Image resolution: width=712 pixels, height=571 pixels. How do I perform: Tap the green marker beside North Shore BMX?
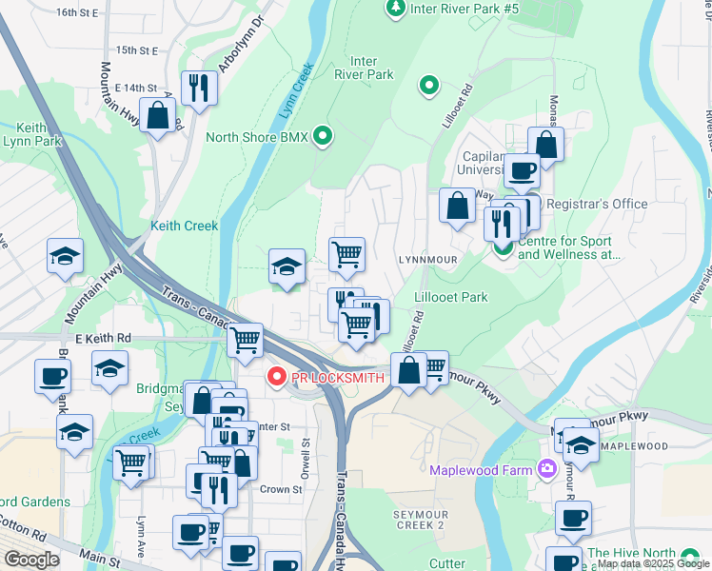pyautogui.click(x=323, y=137)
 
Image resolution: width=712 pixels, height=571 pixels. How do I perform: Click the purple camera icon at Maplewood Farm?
pyautogui.click(x=546, y=468)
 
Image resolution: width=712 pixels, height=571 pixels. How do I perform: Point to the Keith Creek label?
pyautogui.click(x=185, y=226)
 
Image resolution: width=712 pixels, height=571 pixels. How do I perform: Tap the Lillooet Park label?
pyautogui.click(x=451, y=297)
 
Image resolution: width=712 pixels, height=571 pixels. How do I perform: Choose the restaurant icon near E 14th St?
pyautogui.click(x=199, y=89)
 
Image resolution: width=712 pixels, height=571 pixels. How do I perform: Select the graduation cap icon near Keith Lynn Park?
pyautogui.click(x=66, y=256)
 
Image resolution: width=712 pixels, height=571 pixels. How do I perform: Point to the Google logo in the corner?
pyautogui.click(x=30, y=560)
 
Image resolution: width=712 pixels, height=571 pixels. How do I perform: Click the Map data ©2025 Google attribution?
pyautogui.click(x=653, y=564)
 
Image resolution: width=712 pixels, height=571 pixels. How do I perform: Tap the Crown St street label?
pyautogui.click(x=281, y=489)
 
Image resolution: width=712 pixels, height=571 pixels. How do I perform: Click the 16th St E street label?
pyautogui.click(x=77, y=12)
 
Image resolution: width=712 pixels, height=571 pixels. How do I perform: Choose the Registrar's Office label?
pyautogui.click(x=596, y=204)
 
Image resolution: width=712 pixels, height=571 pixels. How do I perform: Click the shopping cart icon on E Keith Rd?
pyautogui.click(x=246, y=338)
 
